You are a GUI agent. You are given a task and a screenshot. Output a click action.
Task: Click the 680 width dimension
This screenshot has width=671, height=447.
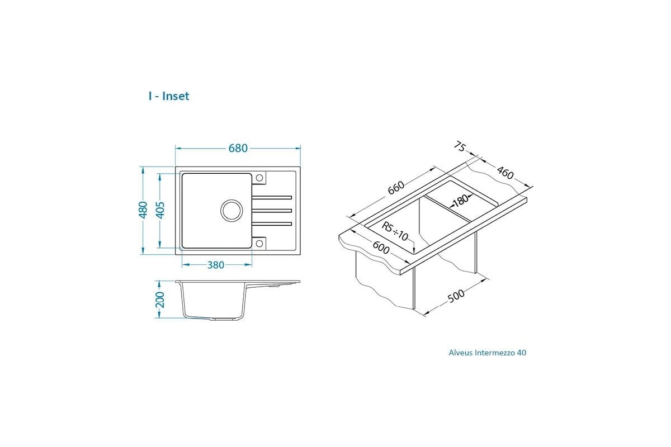point(238,148)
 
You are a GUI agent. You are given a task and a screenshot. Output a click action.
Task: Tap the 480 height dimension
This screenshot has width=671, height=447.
point(143,210)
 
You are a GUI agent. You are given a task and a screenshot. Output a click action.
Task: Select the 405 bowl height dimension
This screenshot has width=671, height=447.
point(160,210)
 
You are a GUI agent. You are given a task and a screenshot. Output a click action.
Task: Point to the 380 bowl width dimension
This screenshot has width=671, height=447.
point(216,265)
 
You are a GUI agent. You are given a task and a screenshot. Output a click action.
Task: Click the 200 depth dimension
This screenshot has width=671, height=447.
point(160,299)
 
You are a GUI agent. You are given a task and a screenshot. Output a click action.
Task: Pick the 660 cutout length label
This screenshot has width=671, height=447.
point(396,188)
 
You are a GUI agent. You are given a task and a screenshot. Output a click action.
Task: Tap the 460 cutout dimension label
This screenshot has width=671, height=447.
point(505,173)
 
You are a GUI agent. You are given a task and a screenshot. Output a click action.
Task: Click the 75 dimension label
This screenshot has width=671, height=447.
point(460,146)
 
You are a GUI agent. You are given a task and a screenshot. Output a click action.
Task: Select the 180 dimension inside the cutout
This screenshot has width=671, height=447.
point(461,200)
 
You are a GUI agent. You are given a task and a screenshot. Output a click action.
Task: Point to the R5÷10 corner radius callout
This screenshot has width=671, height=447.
point(395,231)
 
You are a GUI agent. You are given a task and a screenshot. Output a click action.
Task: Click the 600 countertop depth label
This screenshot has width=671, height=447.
point(381,248)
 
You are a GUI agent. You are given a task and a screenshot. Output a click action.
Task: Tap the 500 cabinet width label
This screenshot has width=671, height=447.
point(456,296)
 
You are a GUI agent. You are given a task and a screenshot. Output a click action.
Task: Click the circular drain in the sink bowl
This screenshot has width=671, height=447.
point(231,211)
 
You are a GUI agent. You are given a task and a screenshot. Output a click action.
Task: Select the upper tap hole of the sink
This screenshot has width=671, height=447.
point(259,178)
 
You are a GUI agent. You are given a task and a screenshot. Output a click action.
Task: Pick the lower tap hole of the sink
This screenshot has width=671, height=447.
point(259,244)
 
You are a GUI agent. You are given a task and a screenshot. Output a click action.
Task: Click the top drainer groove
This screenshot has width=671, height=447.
point(272,198)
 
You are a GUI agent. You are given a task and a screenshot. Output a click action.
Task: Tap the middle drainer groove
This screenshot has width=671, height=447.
point(272,211)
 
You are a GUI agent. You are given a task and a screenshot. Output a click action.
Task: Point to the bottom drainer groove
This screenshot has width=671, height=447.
point(272,223)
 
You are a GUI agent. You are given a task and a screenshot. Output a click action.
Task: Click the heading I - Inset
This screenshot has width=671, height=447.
point(169,96)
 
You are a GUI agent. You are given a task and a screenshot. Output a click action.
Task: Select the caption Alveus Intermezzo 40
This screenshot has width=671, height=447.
point(488,353)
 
